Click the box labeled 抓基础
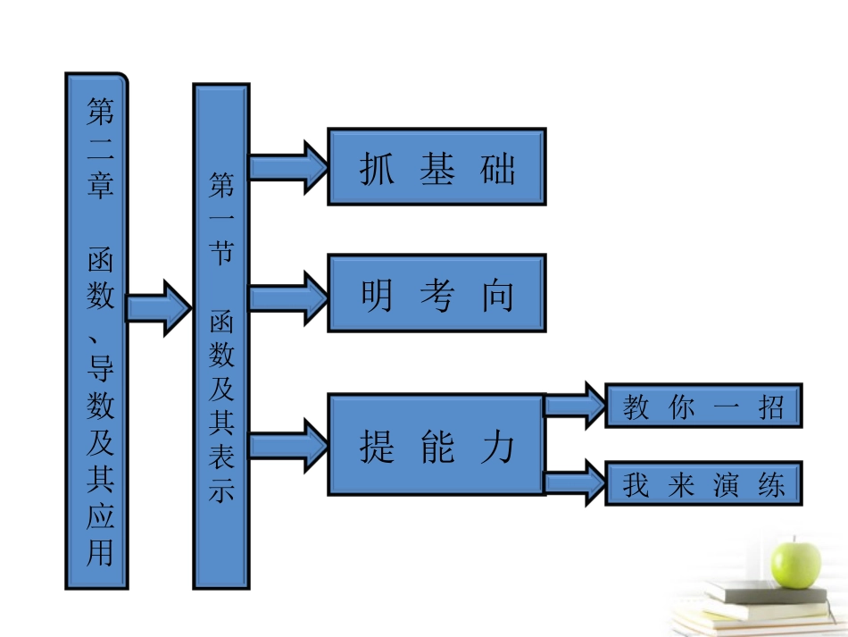[x=436, y=167]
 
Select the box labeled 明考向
[x=436, y=293]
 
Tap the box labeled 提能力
[x=436, y=444]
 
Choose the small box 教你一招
[x=703, y=407]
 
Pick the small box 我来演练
[x=703, y=483]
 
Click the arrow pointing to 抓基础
[x=288, y=166]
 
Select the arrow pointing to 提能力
[x=288, y=444]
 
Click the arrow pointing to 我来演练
[x=575, y=483]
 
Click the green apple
[x=795, y=559]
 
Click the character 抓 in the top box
[x=377, y=168]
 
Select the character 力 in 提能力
[x=497, y=445]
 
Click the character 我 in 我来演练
[x=636, y=484]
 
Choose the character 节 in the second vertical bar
[x=220, y=253]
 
